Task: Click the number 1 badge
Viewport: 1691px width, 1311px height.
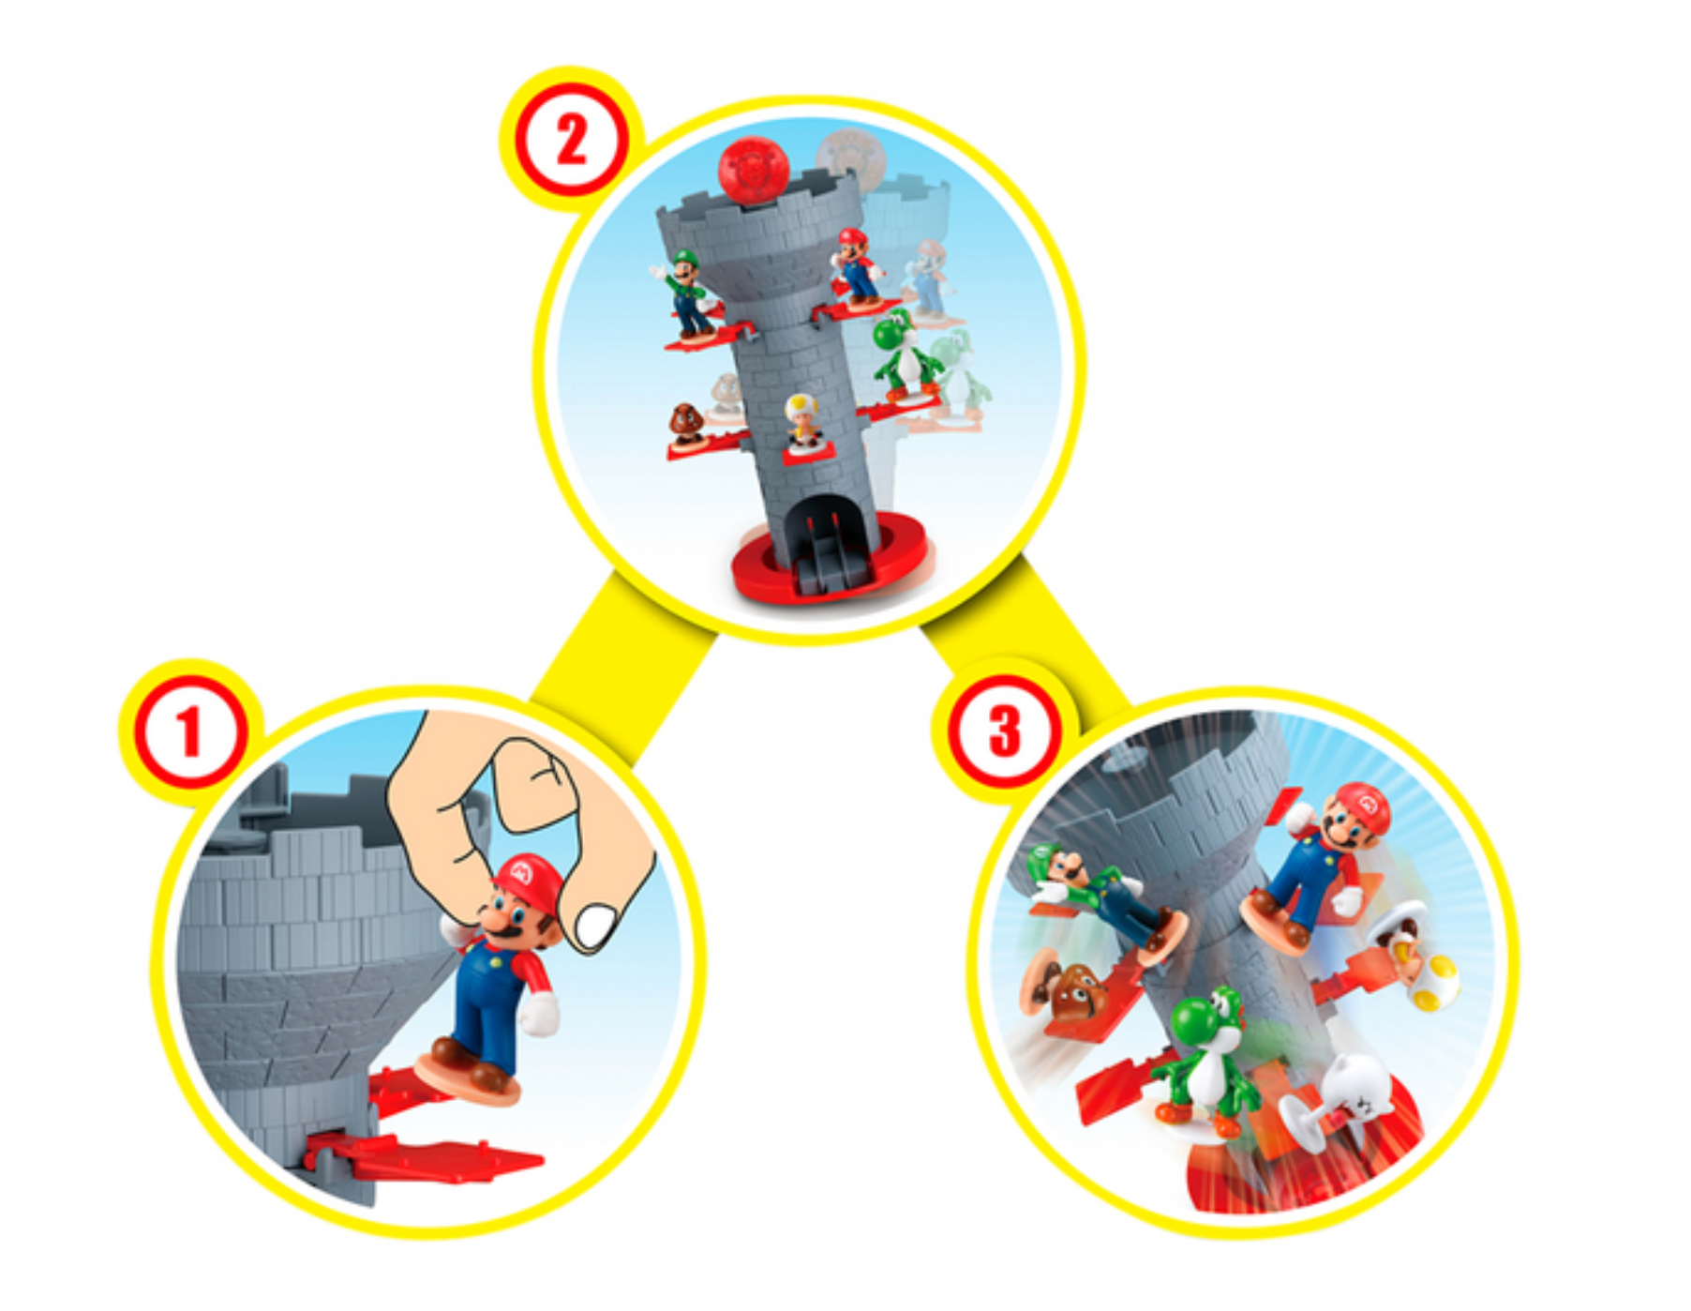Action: pos(191,731)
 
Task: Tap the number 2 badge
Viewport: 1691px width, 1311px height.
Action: pos(571,140)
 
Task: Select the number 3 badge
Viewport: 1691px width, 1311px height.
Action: pos(1004,731)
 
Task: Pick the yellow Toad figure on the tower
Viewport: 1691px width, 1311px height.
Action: pos(801,422)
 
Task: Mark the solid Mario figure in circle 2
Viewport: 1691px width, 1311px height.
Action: pos(858,267)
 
